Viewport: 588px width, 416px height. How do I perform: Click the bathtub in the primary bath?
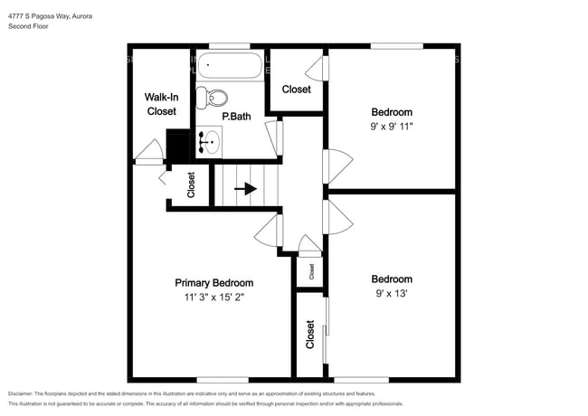tap(230, 65)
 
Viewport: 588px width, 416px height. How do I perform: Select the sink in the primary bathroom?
tap(211, 140)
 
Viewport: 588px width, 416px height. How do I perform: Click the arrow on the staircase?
tap(245, 189)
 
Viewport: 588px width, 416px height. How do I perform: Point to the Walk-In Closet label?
tap(161, 104)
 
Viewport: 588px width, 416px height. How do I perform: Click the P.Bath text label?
tap(236, 117)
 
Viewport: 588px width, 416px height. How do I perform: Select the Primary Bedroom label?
tap(213, 282)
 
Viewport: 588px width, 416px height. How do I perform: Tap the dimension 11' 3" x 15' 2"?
tap(213, 297)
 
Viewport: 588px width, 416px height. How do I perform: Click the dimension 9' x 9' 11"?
tap(392, 127)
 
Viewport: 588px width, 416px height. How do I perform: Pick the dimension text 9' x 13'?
tap(392, 294)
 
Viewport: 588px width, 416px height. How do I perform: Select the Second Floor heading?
tap(28, 27)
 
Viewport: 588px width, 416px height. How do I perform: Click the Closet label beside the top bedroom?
tap(296, 90)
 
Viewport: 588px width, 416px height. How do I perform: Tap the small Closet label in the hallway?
tap(311, 270)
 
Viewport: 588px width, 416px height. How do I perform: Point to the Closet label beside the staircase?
tap(191, 184)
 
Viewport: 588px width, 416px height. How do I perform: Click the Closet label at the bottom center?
tap(310, 336)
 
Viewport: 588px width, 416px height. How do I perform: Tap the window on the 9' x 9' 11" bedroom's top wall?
tap(396, 45)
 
